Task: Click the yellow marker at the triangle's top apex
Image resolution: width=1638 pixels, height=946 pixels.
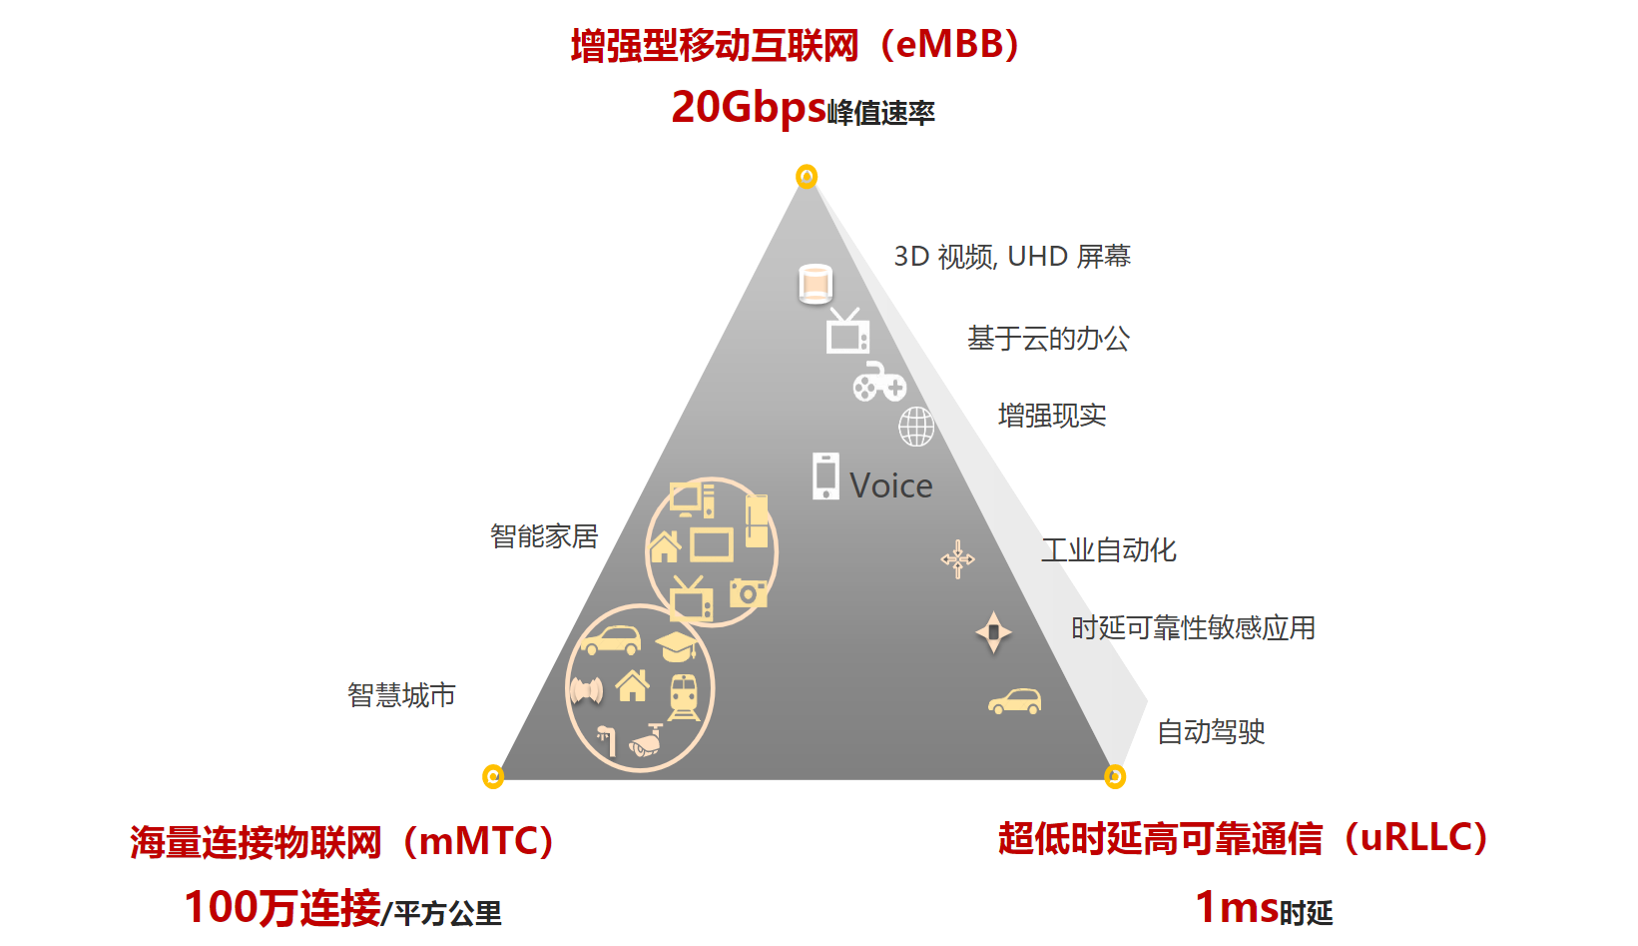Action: (807, 177)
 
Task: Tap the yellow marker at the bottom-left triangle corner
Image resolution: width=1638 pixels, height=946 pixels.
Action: (493, 776)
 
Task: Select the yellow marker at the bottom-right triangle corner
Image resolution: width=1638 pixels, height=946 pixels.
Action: (1115, 776)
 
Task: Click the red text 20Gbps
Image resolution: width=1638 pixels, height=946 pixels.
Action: (749, 107)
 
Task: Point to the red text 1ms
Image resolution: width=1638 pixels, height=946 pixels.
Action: (1237, 907)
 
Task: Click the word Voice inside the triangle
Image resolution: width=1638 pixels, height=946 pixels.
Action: (891, 485)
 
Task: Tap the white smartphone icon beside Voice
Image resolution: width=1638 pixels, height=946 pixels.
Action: (825, 476)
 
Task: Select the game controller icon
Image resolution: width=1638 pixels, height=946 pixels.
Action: (879, 383)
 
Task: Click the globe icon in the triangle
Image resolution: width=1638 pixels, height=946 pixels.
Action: (916, 427)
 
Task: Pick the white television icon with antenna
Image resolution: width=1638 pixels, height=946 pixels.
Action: (847, 333)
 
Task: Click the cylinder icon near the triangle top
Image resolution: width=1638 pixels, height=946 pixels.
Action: (816, 285)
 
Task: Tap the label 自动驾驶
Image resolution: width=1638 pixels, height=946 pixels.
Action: (1211, 732)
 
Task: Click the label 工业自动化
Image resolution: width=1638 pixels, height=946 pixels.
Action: (1109, 550)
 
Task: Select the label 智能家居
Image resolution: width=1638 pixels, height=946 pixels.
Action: (544, 536)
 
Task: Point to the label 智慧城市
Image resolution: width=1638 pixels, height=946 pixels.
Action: (401, 695)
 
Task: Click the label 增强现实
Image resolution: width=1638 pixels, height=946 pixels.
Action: (1052, 416)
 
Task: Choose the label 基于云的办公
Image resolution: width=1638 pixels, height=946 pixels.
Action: (1048, 339)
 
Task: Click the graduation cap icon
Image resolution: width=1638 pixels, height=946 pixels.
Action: (677, 645)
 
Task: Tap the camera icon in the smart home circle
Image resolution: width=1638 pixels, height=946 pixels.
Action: (748, 593)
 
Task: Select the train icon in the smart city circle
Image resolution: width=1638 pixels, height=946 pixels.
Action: (684, 696)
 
